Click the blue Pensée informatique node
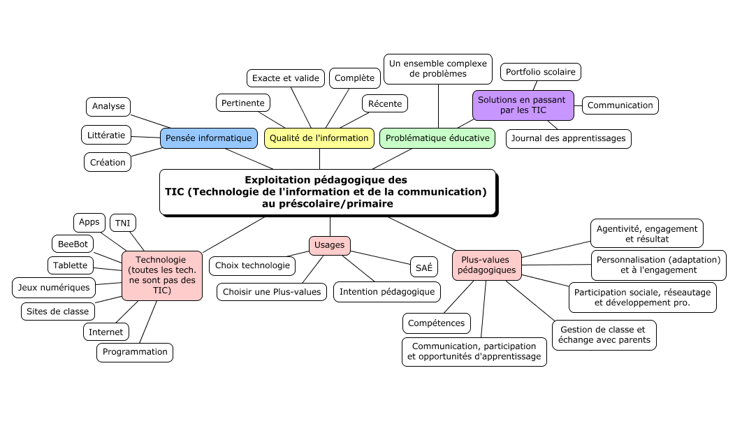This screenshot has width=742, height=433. tap(209, 138)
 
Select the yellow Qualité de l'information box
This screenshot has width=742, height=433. tap(319, 138)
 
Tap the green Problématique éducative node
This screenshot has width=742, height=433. tap(437, 138)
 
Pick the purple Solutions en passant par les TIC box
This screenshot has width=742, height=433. tap(523, 105)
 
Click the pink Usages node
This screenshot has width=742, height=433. tap(329, 245)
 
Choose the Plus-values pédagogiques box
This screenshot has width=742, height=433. tap(487, 265)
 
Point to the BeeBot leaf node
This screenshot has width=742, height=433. tap(73, 244)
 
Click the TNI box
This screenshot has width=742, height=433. tap(123, 223)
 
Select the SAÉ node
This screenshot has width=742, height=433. tap(423, 267)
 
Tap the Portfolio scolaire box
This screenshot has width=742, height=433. tap(541, 72)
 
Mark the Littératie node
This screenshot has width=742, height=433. tap(107, 134)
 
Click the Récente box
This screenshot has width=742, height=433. tap(385, 104)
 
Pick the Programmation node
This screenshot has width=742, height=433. tap(135, 352)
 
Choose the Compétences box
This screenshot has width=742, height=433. tap(437, 323)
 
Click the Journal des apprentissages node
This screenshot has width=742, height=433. tap(568, 138)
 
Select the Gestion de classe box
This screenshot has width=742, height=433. tap(604, 335)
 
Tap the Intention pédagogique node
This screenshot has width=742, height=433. tap(386, 292)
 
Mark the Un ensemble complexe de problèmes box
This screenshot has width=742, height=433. tap(438, 68)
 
